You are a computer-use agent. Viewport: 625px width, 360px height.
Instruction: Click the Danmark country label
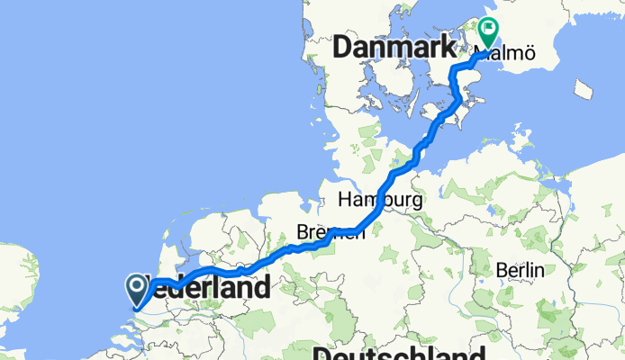(394, 49)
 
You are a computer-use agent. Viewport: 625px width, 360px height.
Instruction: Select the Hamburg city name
(380, 199)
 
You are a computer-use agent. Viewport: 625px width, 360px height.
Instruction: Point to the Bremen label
(332, 232)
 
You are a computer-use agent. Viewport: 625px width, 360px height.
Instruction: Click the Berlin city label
(521, 270)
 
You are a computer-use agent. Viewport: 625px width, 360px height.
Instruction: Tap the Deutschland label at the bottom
(400, 351)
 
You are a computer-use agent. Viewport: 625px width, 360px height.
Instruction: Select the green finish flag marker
(488, 32)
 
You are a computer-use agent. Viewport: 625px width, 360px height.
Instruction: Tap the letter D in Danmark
(343, 49)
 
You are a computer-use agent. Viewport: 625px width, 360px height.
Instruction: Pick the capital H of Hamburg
(346, 199)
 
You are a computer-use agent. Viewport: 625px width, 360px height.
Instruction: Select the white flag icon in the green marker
(488, 29)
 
